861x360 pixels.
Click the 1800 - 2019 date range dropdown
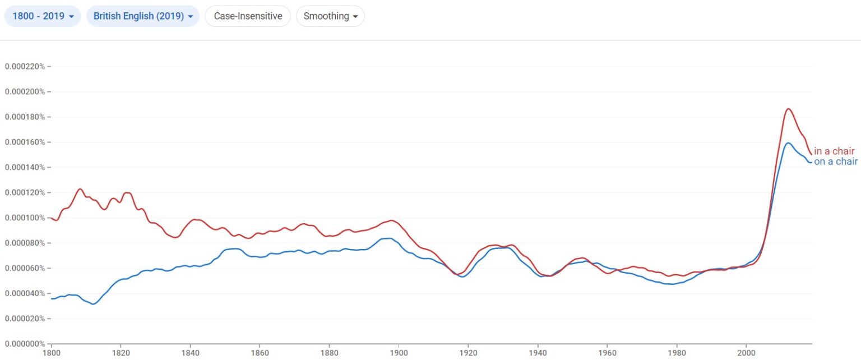[x=43, y=16]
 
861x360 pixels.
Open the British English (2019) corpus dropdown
[x=143, y=16]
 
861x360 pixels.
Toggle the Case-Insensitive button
[x=248, y=16]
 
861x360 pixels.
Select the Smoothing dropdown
[x=330, y=16]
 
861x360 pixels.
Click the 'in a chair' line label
[x=834, y=151]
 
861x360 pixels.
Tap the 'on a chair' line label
[x=835, y=162]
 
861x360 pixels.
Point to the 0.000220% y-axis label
[x=25, y=67]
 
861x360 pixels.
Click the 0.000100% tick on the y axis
[x=25, y=218]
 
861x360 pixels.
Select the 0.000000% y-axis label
[x=25, y=344]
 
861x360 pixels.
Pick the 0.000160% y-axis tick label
[x=25, y=142]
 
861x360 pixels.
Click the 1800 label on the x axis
[x=52, y=354]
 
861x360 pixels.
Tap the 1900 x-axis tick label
[x=399, y=354]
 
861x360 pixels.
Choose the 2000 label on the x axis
[x=746, y=354]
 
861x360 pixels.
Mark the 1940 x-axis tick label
[x=538, y=354]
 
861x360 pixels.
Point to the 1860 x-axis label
[x=260, y=354]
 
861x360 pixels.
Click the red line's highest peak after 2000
[x=788, y=109]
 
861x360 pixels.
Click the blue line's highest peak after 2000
[x=788, y=143]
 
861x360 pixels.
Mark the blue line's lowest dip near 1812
[x=93, y=304]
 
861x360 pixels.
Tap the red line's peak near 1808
[x=80, y=189]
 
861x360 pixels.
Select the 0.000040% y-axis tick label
[x=25, y=293]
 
